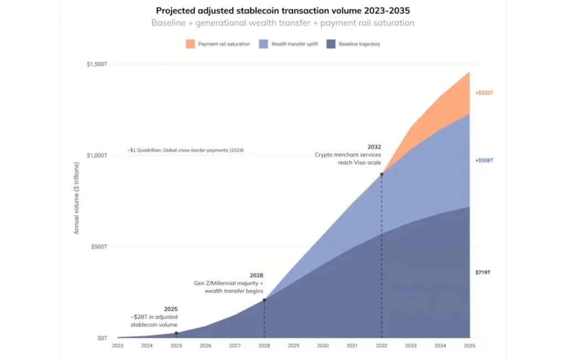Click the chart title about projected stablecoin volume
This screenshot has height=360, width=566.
click(x=282, y=11)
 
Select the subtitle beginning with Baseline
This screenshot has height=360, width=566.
click(x=282, y=23)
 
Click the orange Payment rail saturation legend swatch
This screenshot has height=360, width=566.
click(x=190, y=44)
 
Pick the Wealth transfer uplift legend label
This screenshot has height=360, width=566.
click(x=294, y=44)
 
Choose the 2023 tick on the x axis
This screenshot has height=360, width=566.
click(x=117, y=346)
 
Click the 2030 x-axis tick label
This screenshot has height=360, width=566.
click(x=323, y=346)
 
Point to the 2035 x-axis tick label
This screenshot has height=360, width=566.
click(x=469, y=346)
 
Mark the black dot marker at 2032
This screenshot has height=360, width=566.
click(x=381, y=174)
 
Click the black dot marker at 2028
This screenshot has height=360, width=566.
click(x=264, y=300)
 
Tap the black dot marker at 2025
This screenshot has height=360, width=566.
click(x=176, y=333)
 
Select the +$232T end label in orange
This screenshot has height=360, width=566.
click(x=484, y=93)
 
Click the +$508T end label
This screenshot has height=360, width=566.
click(x=484, y=160)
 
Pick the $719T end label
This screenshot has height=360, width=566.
click(x=483, y=272)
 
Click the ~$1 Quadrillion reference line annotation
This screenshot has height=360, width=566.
click(x=186, y=150)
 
